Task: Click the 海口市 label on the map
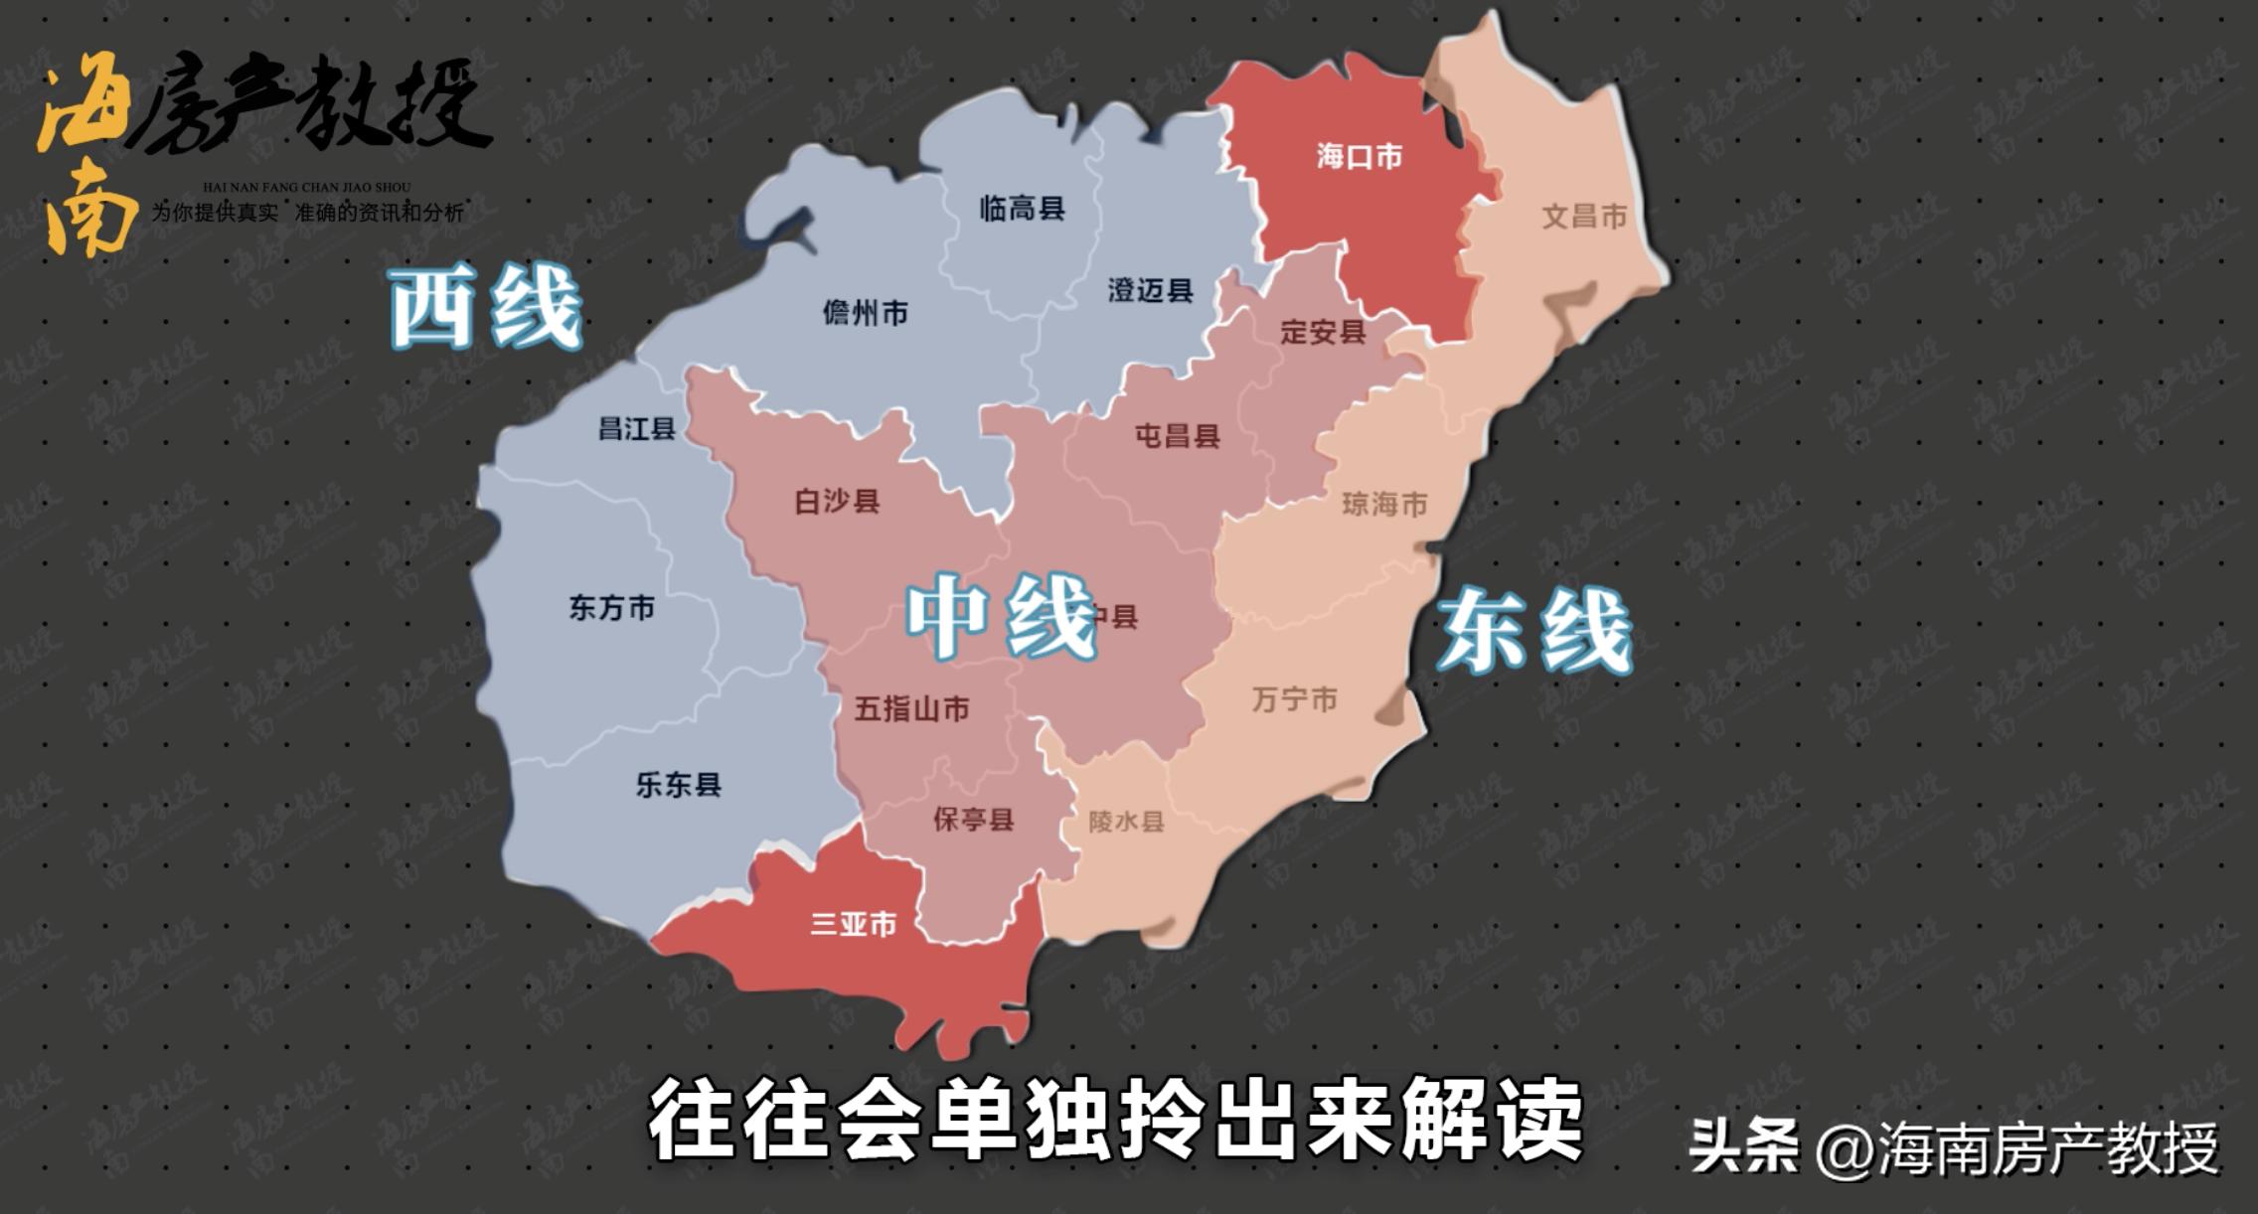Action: click(1360, 157)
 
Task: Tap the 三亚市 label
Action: click(854, 924)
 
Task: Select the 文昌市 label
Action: click(1584, 217)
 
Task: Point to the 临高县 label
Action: click(1022, 209)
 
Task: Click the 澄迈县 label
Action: click(1150, 291)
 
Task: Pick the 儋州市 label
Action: click(865, 314)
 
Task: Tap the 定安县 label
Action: click(1323, 332)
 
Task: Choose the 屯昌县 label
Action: click(1178, 436)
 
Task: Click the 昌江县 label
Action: click(637, 429)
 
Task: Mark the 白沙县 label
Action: click(837, 502)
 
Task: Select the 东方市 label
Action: click(611, 608)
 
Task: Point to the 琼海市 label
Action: click(1384, 505)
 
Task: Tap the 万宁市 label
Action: click(1294, 700)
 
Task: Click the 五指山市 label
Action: click(911, 709)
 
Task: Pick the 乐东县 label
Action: click(679, 785)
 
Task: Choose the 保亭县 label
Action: click(973, 820)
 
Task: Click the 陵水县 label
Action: click(1126, 822)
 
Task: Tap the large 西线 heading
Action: click(485, 308)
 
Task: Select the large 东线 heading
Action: click(1535, 631)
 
